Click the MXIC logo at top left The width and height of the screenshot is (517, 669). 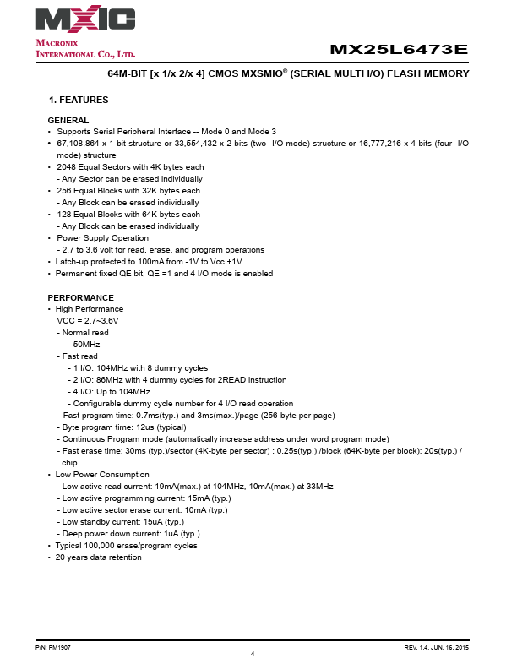85,19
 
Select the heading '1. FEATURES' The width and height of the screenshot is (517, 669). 79,100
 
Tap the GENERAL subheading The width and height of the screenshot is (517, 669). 68,120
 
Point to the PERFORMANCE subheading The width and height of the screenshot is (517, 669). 80,297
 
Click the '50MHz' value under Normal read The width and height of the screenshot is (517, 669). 86,345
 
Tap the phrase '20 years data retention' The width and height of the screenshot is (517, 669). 99,557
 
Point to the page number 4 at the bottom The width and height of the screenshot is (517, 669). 253,655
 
